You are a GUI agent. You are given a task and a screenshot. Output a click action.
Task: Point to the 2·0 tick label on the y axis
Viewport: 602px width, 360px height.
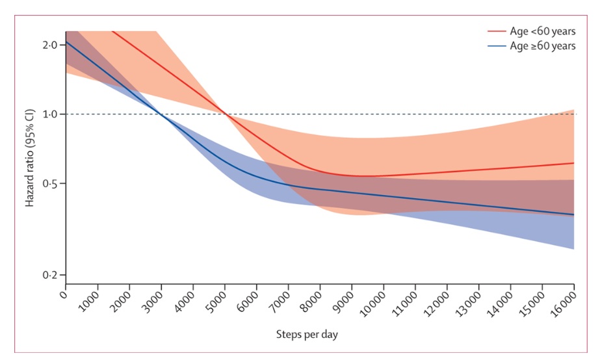(x=50, y=45)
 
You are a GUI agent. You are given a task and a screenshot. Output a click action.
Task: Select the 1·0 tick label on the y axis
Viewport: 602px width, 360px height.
(x=50, y=114)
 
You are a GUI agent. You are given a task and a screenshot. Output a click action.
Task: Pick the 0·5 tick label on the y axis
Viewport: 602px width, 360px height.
(x=50, y=184)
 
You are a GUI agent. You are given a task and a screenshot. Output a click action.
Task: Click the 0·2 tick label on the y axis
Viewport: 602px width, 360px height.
(x=50, y=276)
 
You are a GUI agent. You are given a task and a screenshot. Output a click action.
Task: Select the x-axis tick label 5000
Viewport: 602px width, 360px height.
(x=217, y=303)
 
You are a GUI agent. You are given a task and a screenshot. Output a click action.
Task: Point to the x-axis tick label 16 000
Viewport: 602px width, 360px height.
(x=564, y=305)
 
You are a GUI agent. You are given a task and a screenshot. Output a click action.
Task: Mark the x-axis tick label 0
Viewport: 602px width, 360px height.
(x=63, y=296)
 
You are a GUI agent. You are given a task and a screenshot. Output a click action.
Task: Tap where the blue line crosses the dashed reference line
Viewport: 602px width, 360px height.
(x=161, y=114)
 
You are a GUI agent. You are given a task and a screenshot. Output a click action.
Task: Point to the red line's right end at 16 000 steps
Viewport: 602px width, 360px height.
(x=573, y=163)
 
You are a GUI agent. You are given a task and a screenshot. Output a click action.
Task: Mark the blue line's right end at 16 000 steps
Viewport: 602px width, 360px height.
(x=573, y=214)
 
